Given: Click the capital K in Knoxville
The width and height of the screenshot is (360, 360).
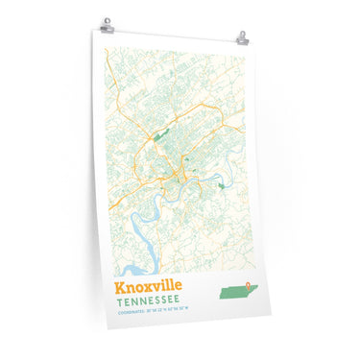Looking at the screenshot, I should pos(119,286).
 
